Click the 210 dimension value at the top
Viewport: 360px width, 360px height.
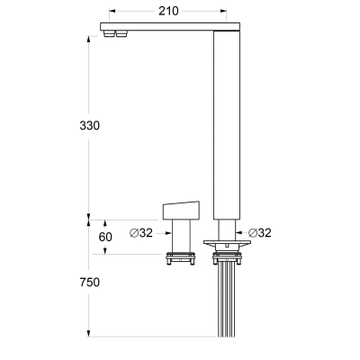coord(168,11)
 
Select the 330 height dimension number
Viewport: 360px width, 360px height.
coord(89,125)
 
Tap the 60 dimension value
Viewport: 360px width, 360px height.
coord(105,237)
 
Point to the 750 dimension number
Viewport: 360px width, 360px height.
coord(89,283)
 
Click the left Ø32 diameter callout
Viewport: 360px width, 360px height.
coord(141,233)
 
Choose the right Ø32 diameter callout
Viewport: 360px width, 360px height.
coord(260,233)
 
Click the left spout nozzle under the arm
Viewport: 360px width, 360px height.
coord(109,33)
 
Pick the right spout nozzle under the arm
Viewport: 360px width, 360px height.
coord(121,33)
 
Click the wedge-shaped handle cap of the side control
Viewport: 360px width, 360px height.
coord(181,211)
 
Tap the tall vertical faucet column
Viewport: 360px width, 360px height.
coord(227,125)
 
